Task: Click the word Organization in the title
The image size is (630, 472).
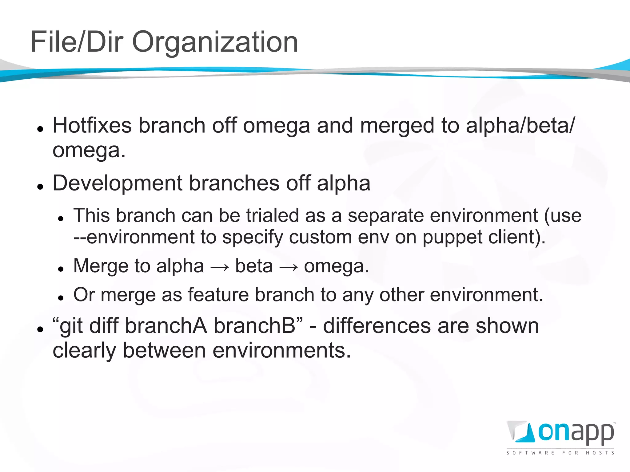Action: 215,42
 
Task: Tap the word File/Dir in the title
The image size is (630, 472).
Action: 77,42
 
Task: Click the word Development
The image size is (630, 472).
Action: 118,183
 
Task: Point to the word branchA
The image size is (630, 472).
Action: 166,326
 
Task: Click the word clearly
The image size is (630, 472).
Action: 84,351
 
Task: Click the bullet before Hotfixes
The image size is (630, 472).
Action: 40,129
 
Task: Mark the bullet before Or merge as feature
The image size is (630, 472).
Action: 61,297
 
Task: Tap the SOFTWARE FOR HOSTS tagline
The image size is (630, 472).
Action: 560,453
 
